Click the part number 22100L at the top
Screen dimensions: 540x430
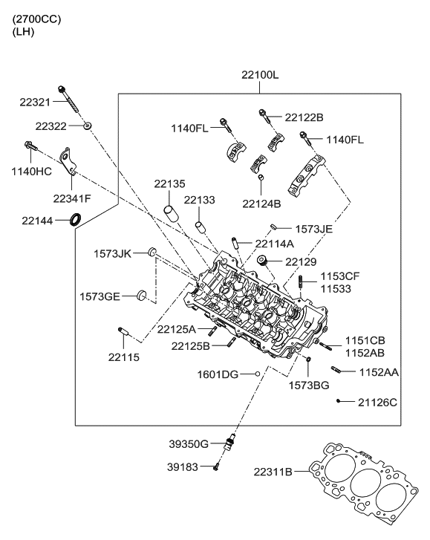[259, 75]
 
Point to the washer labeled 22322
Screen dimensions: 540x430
[88, 126]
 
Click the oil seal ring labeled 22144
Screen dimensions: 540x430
[75, 220]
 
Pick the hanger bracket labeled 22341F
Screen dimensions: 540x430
[69, 165]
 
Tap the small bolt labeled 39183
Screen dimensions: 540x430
[216, 466]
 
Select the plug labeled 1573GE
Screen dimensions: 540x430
[142, 296]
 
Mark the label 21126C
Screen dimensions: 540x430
[377, 402]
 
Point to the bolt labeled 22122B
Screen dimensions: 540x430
[264, 114]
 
